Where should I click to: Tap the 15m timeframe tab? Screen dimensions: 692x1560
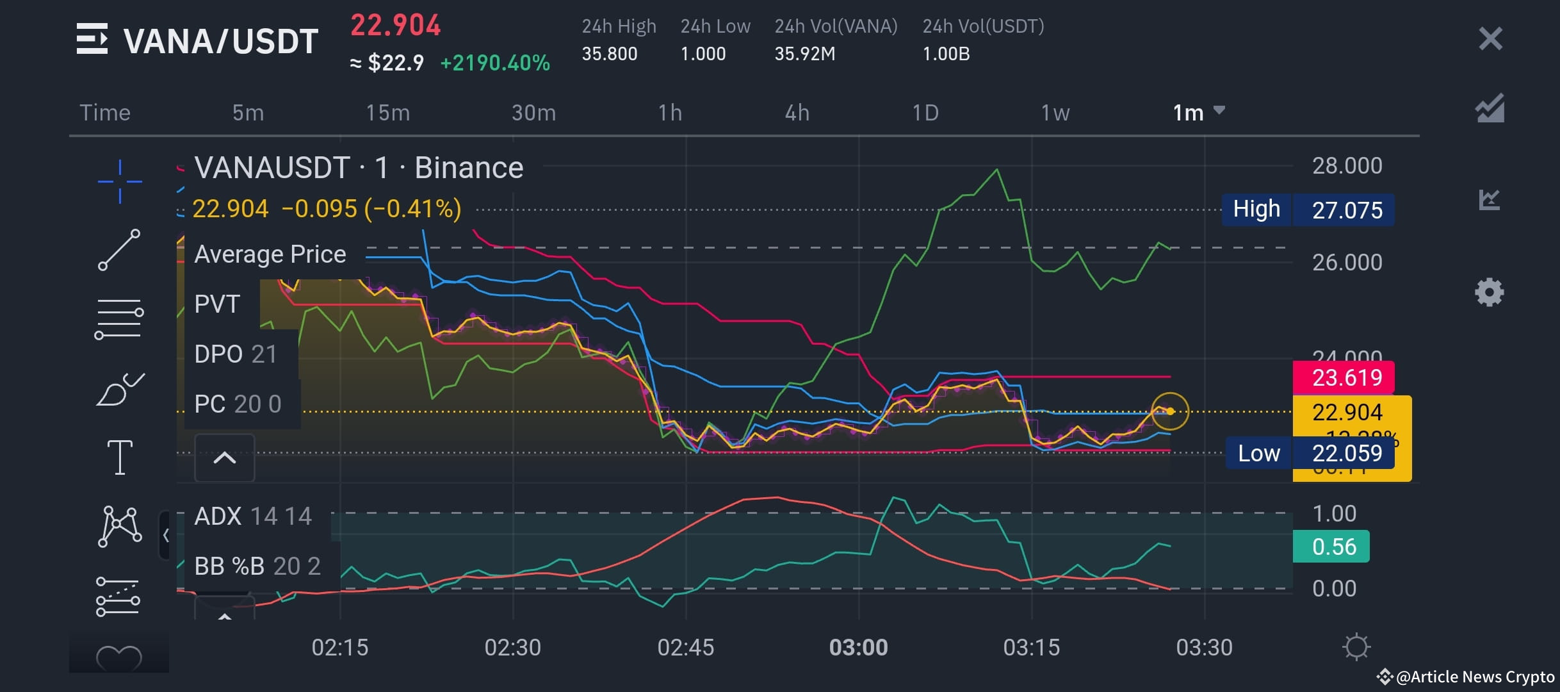[x=387, y=113]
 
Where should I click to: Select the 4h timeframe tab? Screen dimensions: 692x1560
[x=797, y=113]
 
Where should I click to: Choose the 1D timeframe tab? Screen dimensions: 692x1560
[x=925, y=113]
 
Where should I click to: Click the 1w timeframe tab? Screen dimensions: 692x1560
[x=1055, y=113]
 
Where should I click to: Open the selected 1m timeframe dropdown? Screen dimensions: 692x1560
[x=1198, y=112]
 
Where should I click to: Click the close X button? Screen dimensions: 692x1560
[x=1490, y=39]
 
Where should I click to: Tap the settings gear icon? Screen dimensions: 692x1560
[x=1489, y=292]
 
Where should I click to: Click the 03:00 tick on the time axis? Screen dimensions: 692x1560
[x=858, y=647]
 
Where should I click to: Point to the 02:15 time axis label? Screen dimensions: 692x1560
[x=339, y=647]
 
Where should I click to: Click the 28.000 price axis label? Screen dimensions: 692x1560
[x=1347, y=166]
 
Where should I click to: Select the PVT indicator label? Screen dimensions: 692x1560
[x=217, y=304]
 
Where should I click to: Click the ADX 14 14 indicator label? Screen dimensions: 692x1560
[x=253, y=516]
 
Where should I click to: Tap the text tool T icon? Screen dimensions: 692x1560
[x=120, y=457]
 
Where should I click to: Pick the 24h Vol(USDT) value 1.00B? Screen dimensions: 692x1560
[x=946, y=54]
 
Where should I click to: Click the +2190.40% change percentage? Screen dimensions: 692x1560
[x=495, y=63]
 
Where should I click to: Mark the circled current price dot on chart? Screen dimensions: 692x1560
[x=1170, y=411]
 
